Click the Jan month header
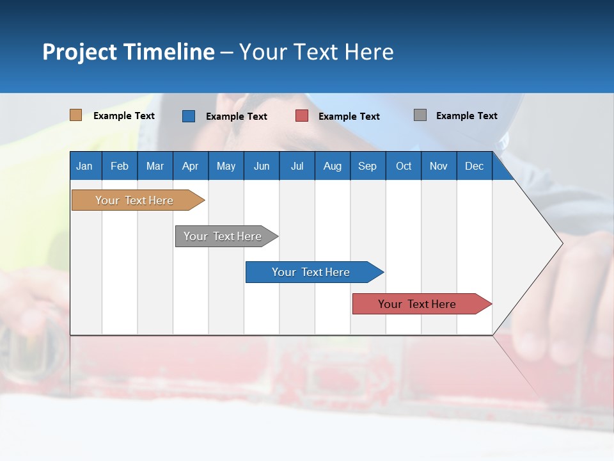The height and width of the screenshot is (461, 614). [84, 166]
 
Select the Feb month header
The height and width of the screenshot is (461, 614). [120, 166]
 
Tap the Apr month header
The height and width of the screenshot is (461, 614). [190, 166]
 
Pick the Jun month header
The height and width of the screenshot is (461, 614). [262, 166]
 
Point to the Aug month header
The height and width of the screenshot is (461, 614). [333, 166]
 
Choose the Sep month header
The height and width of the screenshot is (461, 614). [367, 166]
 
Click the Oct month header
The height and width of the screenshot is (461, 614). [404, 166]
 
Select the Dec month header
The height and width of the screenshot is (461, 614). [474, 166]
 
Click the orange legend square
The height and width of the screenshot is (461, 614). [75, 115]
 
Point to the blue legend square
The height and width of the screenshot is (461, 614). [189, 116]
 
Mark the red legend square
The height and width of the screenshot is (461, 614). [302, 116]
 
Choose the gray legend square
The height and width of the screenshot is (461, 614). [420, 115]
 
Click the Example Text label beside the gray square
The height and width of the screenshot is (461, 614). [466, 115]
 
